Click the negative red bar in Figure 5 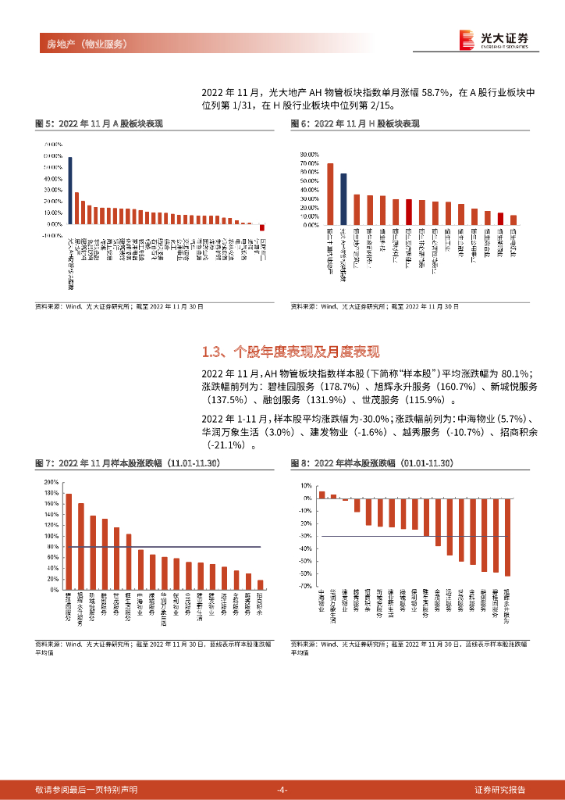[263, 228]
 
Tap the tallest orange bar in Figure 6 [330, 194]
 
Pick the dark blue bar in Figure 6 [343, 199]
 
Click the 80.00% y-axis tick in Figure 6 [310, 155]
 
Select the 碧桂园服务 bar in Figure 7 [69, 541]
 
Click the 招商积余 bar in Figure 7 [261, 585]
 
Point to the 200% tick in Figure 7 [51, 482]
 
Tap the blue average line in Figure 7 [164, 547]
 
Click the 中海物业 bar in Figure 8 [322, 495]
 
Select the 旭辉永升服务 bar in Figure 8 [508, 537]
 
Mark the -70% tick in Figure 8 [307, 585]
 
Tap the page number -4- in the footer [282, 789]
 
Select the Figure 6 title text [355, 123]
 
